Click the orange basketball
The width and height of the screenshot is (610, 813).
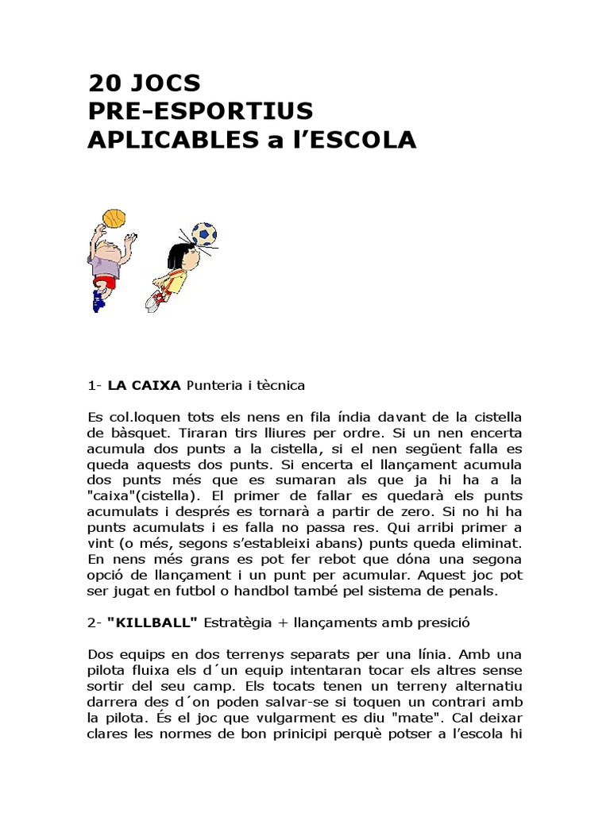[114, 218]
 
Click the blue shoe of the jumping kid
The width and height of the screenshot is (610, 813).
[98, 301]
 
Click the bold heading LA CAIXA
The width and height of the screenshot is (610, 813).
[144, 385]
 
